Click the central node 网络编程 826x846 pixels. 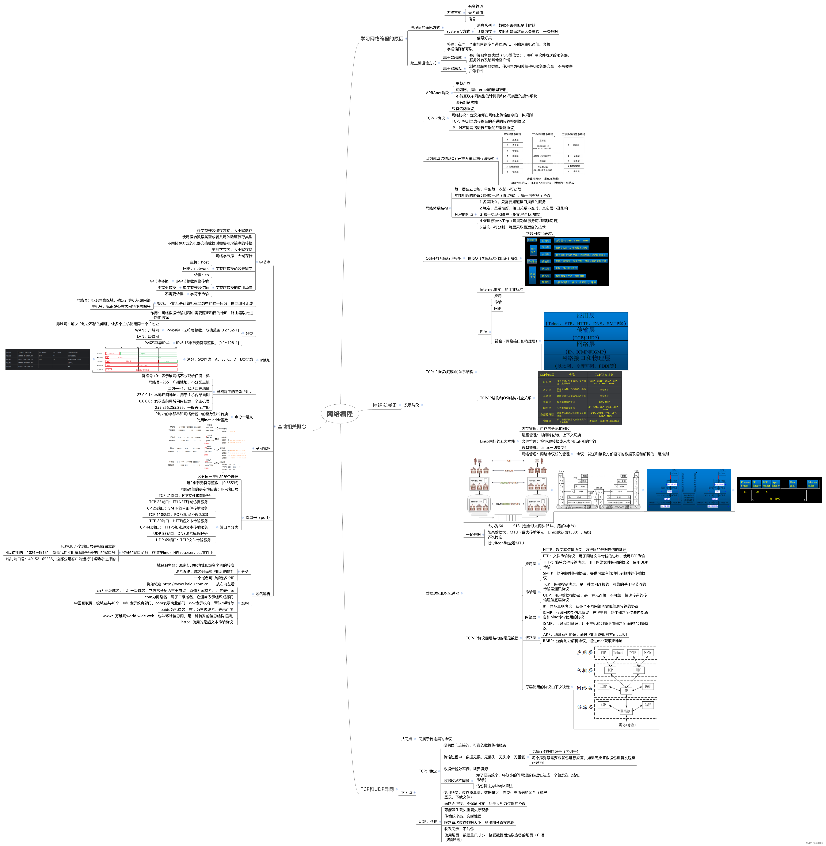(x=340, y=414)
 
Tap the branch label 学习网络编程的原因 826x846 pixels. (x=382, y=39)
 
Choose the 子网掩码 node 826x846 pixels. (x=263, y=448)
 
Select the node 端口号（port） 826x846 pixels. (x=258, y=517)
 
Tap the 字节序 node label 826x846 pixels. (x=265, y=262)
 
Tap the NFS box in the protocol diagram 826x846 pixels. (x=647, y=652)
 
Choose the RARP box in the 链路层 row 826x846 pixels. (x=647, y=705)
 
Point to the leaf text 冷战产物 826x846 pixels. (x=463, y=83)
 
